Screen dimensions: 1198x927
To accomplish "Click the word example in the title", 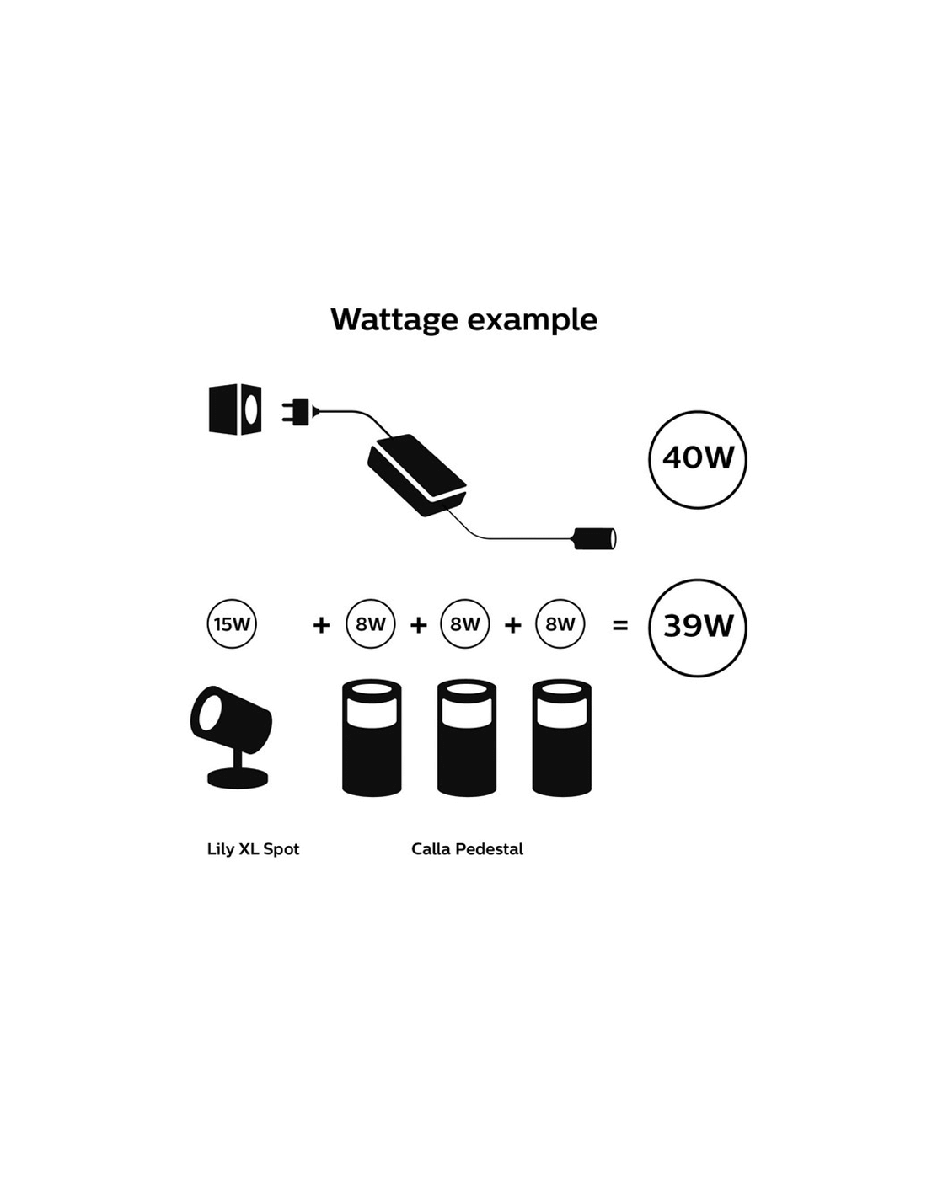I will click(x=533, y=320).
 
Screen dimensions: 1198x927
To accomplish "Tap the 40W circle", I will click(x=698, y=459).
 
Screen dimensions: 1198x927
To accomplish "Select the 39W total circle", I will click(x=698, y=627).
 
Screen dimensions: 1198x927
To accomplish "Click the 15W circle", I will click(x=232, y=624).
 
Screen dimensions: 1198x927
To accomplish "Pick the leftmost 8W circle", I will click(x=371, y=624).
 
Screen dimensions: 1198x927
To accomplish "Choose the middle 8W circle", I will click(x=465, y=624).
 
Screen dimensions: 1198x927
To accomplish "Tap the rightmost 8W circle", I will click(x=560, y=624).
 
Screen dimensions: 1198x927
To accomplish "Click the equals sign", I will click(x=620, y=625).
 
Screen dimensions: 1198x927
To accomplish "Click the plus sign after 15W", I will click(x=321, y=625).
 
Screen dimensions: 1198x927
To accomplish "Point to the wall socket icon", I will click(x=235, y=409).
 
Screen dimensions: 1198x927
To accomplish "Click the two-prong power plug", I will click(x=297, y=412).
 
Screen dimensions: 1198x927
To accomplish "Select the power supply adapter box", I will click(x=416, y=474).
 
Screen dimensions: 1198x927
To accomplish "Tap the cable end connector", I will click(x=595, y=537).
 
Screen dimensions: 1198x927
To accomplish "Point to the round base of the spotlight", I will click(x=238, y=778).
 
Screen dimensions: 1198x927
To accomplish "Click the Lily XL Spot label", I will click(x=253, y=849).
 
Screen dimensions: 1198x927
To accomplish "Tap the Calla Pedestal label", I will click(x=467, y=849).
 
